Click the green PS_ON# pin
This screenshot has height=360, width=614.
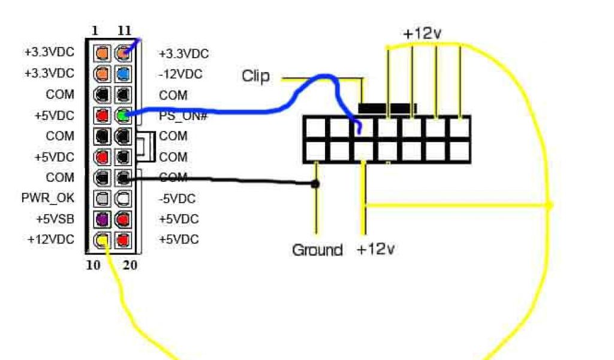click(123, 115)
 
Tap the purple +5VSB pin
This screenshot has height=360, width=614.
click(102, 219)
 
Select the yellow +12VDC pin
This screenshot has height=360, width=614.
click(102, 240)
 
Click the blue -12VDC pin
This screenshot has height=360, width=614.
click(123, 73)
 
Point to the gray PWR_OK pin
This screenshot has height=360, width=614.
click(102, 198)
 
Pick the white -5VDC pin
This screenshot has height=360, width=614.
click(123, 198)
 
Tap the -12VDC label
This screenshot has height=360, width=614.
click(180, 74)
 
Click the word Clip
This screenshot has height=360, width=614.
click(255, 76)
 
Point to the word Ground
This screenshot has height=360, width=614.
click(317, 250)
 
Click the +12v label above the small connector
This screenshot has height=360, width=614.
click(422, 34)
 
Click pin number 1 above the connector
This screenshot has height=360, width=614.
click(96, 30)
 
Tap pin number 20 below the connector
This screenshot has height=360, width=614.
click(130, 265)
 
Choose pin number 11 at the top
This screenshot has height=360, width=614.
click(124, 30)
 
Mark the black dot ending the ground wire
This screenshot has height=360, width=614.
click(315, 184)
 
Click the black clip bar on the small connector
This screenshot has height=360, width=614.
click(387, 108)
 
